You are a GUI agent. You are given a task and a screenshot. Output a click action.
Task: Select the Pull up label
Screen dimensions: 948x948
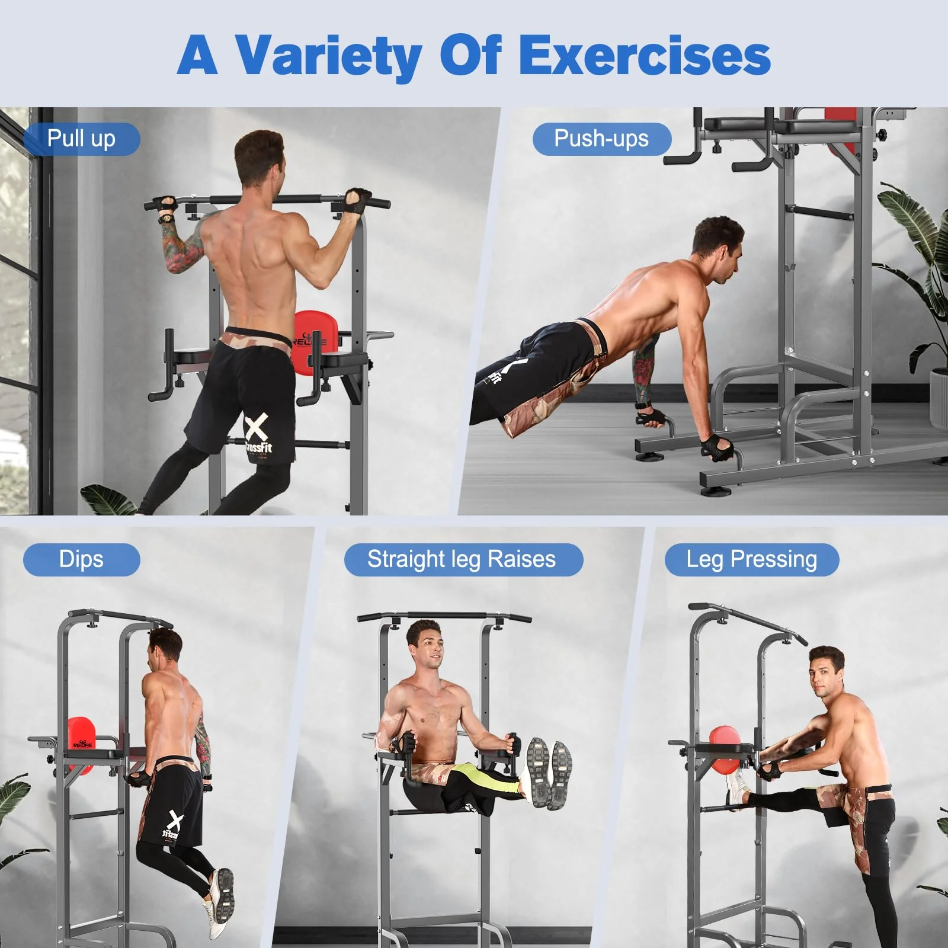tap(81, 139)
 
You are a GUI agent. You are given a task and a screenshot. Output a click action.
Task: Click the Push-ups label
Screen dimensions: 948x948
tap(601, 139)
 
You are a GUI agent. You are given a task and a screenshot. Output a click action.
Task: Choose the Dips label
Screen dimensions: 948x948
tap(81, 559)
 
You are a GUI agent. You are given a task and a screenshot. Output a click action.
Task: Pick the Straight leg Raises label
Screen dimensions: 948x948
tap(462, 559)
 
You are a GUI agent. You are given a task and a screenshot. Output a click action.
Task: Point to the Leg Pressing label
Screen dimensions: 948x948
tap(751, 559)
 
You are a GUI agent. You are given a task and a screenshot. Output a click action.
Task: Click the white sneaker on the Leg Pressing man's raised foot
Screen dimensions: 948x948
tap(735, 791)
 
